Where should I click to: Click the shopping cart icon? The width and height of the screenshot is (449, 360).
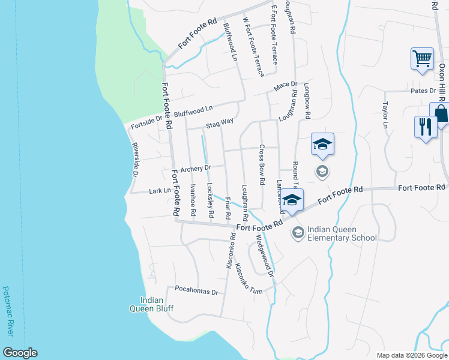point(423,59)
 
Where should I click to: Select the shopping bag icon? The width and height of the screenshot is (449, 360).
point(441,113)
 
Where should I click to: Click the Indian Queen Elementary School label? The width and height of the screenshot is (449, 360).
point(342,233)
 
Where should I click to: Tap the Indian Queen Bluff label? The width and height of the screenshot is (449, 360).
point(152,304)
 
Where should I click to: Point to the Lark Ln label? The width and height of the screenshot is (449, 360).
point(159,191)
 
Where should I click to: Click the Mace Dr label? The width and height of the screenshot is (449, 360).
point(285,86)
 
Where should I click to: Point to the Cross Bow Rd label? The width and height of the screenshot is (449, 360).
point(262,164)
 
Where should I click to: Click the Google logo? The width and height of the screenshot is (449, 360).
point(19,353)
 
